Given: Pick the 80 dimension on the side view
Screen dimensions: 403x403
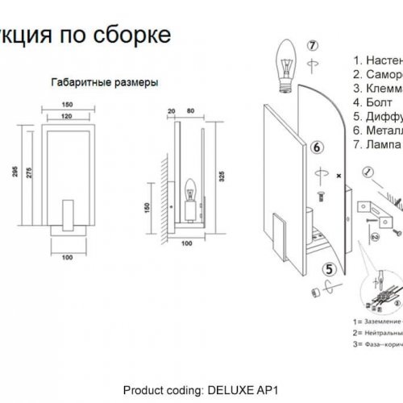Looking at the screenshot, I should (190, 110).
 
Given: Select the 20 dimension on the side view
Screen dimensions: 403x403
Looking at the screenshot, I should (171, 110).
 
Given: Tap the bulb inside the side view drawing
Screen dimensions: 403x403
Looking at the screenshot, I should (192, 194).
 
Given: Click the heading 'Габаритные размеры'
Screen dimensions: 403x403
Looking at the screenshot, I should (104, 82).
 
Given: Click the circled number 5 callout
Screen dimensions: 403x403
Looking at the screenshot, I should (330, 270).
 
